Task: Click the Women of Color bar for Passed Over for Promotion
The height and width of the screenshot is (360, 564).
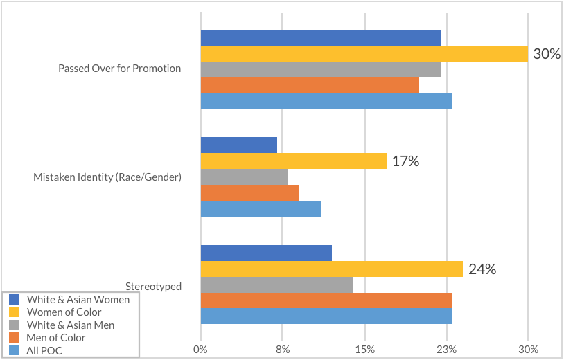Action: point(364,53)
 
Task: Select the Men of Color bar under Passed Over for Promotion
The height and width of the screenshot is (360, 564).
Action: point(310,84)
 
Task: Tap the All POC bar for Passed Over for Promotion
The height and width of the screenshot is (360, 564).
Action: point(326,100)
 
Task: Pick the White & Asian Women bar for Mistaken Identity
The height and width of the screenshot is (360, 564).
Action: point(238,145)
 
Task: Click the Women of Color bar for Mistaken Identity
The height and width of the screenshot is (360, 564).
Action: point(293,161)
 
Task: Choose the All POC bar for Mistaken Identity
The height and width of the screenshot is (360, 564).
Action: point(261,208)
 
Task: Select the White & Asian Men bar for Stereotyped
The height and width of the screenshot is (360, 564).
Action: point(276,285)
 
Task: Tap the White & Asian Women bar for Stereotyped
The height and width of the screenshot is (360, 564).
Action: point(266,253)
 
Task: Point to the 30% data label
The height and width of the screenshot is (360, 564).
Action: point(547,53)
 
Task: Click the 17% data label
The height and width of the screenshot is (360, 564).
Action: point(405,161)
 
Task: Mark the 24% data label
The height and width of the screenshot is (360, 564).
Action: point(482,269)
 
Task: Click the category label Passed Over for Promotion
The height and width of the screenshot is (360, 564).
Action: point(119,69)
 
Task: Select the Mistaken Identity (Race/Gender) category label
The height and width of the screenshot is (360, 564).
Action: point(107,177)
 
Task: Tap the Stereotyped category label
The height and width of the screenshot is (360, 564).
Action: point(153,286)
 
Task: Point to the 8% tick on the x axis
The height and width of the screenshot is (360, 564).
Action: point(283,350)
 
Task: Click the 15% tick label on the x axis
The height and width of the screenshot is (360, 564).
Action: point(364,350)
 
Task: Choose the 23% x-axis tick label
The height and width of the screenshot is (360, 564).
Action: point(446,350)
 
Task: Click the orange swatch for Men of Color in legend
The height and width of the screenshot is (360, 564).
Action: point(14,338)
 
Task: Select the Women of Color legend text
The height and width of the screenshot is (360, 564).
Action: point(64,312)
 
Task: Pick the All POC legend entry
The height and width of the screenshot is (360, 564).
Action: point(44,350)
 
